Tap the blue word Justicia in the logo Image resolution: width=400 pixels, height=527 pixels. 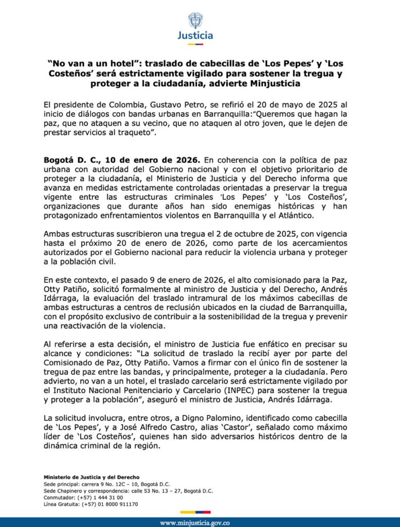pyautogui.click(x=195, y=36)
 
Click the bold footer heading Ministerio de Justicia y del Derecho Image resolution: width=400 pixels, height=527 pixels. pyautogui.click(x=92, y=477)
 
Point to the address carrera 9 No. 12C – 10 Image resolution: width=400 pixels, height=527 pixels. pyautogui.click(x=114, y=484)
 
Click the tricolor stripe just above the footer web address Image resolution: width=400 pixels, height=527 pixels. pyautogui.click(x=195, y=512)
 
